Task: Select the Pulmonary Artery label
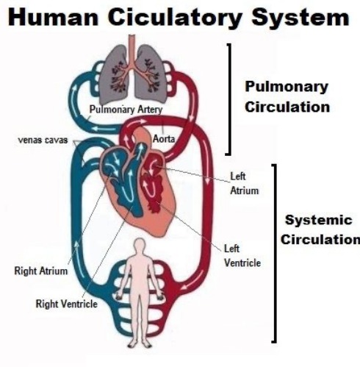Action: pos(125,110)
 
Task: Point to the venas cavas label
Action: pos(40,139)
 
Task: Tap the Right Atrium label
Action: pos(41,271)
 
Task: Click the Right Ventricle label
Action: pos(67,303)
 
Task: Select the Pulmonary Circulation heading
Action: pos(287,96)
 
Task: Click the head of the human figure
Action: pos(142,246)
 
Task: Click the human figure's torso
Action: pos(142,276)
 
